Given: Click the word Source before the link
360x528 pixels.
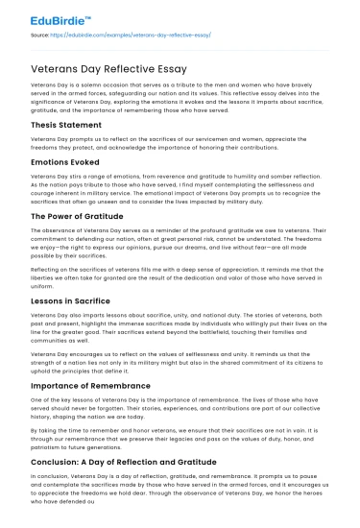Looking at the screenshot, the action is (41, 34).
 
